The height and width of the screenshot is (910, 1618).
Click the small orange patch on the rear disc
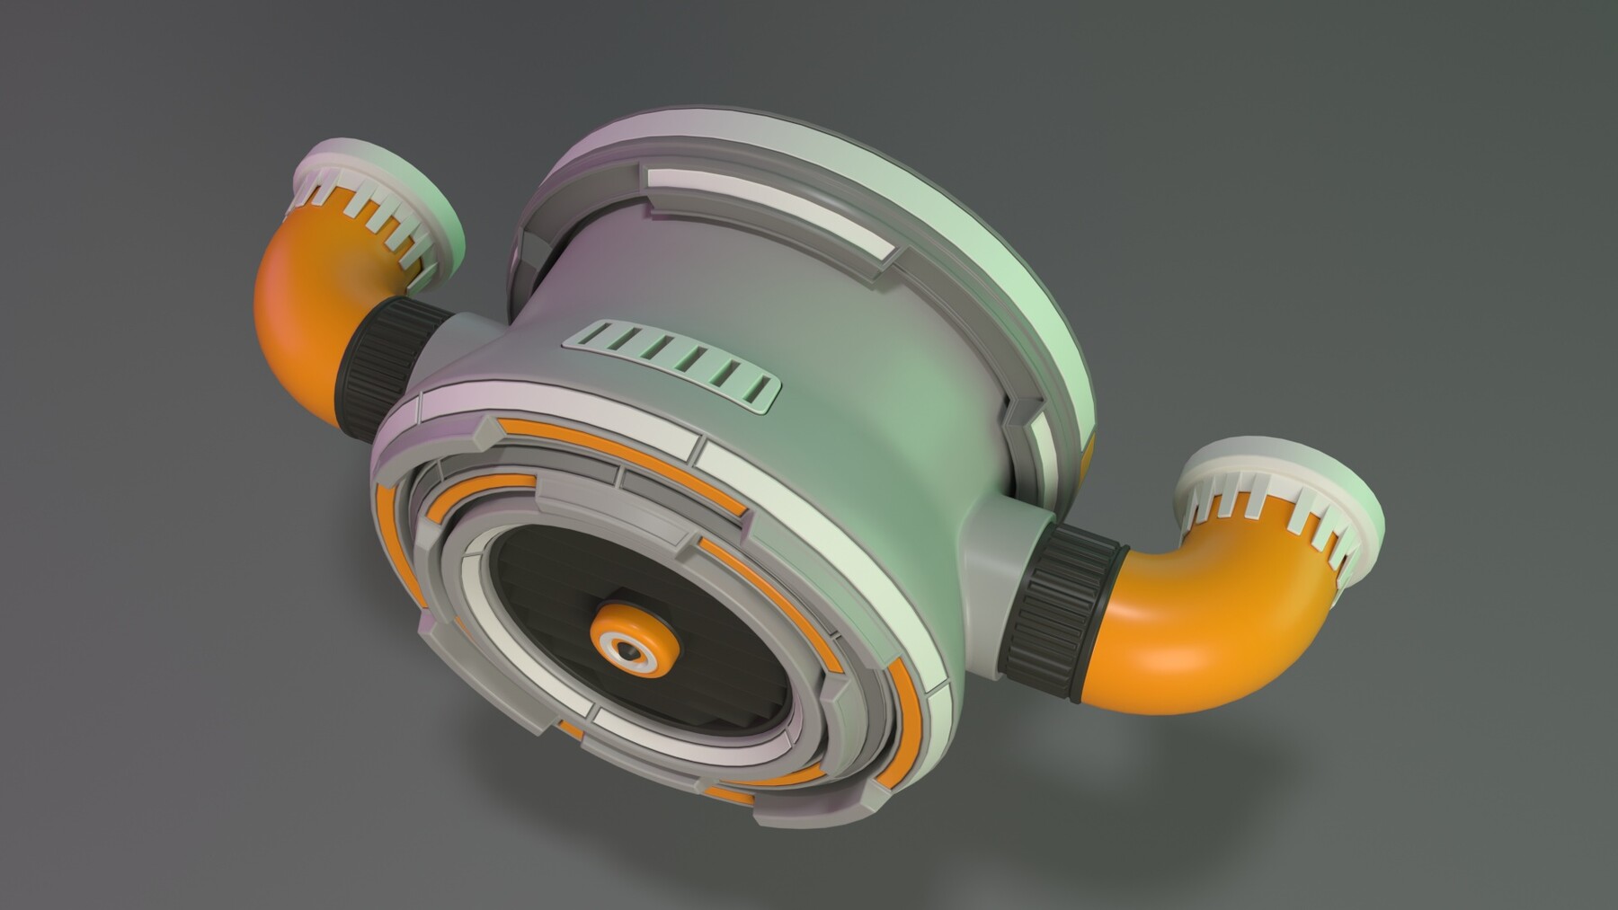tap(1090, 458)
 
